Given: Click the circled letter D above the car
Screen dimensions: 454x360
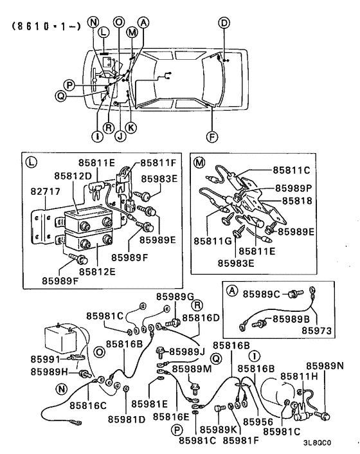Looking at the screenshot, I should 224,24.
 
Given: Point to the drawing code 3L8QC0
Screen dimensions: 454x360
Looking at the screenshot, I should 317,442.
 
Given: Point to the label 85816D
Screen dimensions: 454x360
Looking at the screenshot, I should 201,317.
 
